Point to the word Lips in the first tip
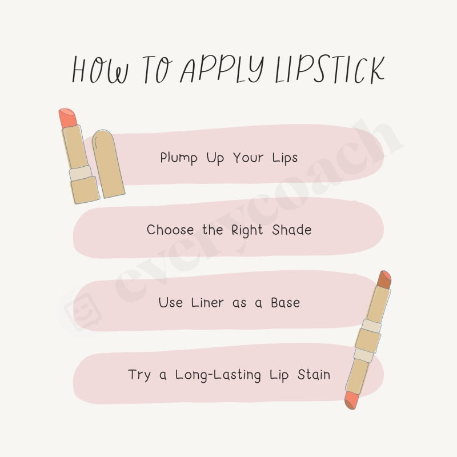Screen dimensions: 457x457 [284, 157]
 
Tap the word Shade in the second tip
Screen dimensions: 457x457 [291, 230]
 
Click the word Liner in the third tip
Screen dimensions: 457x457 [209, 302]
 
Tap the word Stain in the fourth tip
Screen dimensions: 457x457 [312, 375]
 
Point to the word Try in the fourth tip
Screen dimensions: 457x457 [139, 375]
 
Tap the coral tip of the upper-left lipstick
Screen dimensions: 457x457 [66, 117]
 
